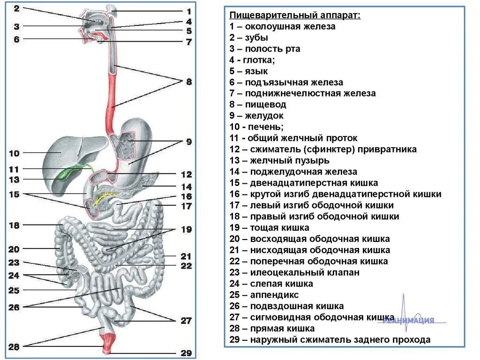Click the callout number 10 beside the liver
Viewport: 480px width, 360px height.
14,153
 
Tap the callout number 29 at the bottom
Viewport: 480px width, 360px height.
186,353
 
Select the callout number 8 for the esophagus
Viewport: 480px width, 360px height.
188,82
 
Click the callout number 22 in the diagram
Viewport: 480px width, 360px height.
186,266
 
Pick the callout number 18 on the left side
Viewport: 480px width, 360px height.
14,225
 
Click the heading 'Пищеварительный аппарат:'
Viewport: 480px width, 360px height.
295,15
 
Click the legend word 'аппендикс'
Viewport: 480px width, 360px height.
274,295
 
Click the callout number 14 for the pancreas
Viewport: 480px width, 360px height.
186,186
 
